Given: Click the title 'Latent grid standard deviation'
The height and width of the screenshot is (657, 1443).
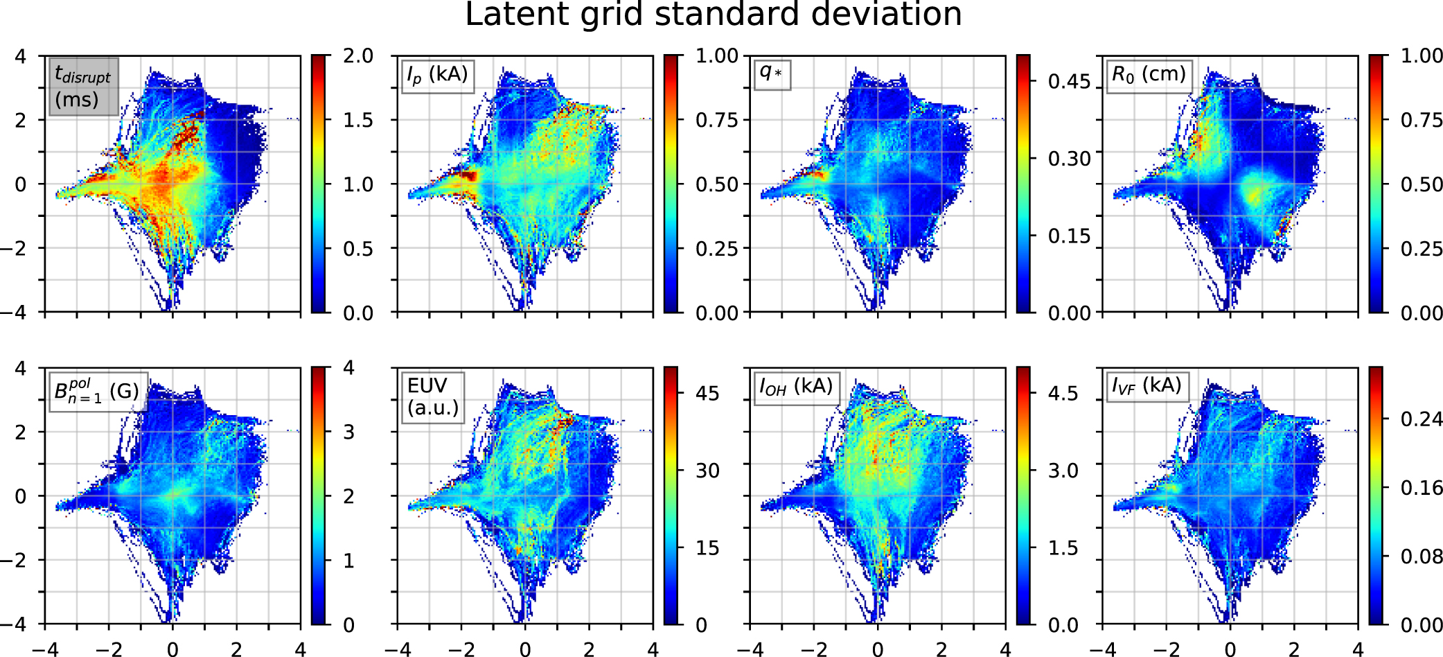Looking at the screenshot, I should (713, 15).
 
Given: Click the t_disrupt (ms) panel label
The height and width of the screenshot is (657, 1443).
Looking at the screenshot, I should (83, 87).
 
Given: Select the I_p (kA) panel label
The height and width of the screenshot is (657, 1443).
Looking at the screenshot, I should (438, 75).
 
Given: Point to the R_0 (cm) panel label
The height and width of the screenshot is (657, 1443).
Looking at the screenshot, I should (1148, 75).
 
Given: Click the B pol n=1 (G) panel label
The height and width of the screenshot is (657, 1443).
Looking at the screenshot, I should (97, 392).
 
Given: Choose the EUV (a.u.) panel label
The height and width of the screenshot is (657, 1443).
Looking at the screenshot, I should (433, 397).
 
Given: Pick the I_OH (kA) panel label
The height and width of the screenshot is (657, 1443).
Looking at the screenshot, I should (795, 387).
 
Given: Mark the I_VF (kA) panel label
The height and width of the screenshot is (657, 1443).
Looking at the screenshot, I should (1146, 386).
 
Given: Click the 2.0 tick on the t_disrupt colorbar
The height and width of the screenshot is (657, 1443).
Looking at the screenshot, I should (357, 56).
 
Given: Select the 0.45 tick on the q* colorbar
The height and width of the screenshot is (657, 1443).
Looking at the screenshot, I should (1069, 82).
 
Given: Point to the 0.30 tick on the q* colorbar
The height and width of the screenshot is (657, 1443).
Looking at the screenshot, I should (1069, 159).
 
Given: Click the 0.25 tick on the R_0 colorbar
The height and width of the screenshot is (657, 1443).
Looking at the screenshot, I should (1422, 249).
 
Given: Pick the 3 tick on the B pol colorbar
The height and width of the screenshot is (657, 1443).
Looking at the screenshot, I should (348, 432).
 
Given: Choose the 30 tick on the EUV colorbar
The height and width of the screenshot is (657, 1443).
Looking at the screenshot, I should (707, 471).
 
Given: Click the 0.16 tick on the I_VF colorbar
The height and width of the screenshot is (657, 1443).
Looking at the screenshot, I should (1422, 488).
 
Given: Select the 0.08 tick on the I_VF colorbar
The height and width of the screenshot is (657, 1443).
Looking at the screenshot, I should (1422, 557).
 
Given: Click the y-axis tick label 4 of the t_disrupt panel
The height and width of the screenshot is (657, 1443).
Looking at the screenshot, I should (21, 56).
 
